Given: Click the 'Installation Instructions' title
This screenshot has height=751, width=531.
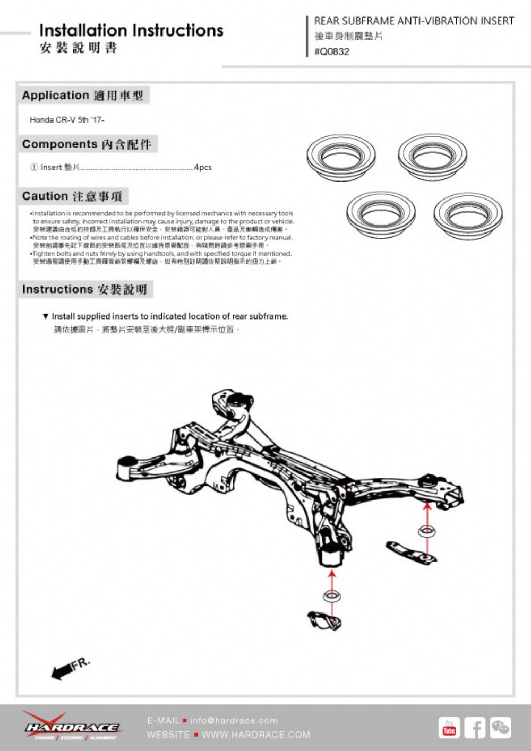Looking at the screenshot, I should click(131, 30).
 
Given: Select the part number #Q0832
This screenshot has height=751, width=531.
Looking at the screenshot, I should click(332, 51).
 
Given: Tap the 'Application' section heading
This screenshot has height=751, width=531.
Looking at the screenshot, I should click(55, 96).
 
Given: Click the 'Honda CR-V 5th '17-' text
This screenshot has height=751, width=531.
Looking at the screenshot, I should click(67, 120).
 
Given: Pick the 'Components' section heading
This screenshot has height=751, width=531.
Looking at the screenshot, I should click(59, 144).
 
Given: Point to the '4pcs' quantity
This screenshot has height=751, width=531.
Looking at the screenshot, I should click(202, 167).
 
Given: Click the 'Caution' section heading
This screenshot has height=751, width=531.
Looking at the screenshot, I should click(45, 196).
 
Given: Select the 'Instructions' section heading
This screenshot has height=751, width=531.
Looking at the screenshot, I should click(57, 290).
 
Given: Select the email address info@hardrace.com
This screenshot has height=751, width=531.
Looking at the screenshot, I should click(234, 720).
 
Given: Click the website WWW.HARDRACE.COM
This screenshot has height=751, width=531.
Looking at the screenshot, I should click(256, 735).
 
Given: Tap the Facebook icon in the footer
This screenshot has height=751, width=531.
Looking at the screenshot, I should click(475, 728).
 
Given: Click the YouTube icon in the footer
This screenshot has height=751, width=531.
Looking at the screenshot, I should click(449, 728).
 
